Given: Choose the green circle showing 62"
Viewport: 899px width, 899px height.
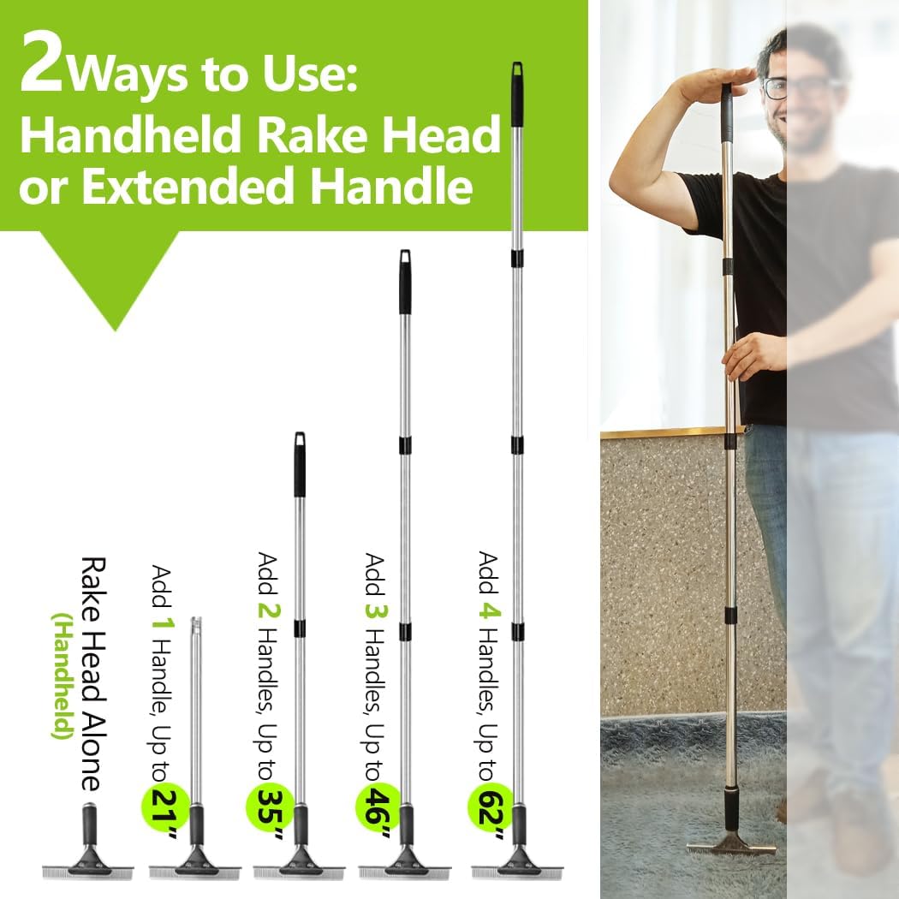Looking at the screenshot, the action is (x=491, y=806).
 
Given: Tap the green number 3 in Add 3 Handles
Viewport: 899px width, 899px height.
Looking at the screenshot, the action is (x=376, y=610).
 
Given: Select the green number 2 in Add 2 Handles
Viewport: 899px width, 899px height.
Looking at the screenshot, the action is (x=268, y=610).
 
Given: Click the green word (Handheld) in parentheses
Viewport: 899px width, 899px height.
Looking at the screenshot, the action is (x=63, y=676).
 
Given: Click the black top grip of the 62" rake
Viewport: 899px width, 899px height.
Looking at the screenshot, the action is (x=517, y=94).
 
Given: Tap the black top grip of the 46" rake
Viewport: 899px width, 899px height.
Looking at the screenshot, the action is (x=405, y=282).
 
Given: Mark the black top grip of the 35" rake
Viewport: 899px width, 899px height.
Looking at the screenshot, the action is (x=300, y=464).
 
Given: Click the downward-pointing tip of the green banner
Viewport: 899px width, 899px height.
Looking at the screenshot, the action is (x=116, y=330).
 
